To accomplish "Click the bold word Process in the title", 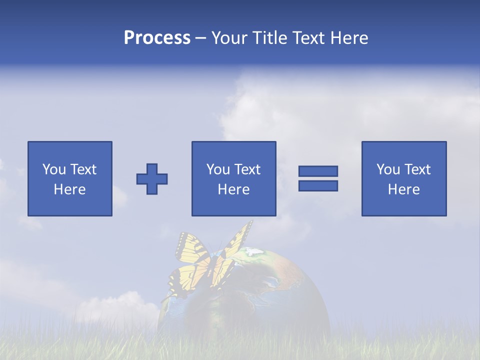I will [157, 38].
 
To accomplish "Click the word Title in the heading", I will [269, 38].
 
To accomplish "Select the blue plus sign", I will [152, 178].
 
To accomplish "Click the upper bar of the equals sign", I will [318, 171].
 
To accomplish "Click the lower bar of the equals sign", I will [318, 185].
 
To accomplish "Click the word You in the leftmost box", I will [54, 169].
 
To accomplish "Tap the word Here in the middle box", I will [234, 189].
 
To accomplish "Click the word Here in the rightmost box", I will [404, 189].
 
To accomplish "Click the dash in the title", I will [200, 38].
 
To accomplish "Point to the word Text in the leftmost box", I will [83, 169].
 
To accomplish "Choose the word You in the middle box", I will [218, 169].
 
